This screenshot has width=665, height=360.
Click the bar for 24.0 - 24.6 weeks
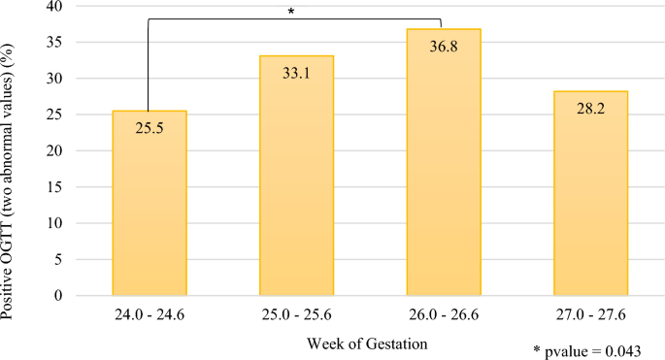(149, 213)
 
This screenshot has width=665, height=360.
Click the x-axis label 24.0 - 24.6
(149, 315)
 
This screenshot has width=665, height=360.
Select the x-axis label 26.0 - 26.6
(444, 315)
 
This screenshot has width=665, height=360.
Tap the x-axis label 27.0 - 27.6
(591, 315)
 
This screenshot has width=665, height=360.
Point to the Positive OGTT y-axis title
(14, 150)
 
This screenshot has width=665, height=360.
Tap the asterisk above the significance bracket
(291, 12)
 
